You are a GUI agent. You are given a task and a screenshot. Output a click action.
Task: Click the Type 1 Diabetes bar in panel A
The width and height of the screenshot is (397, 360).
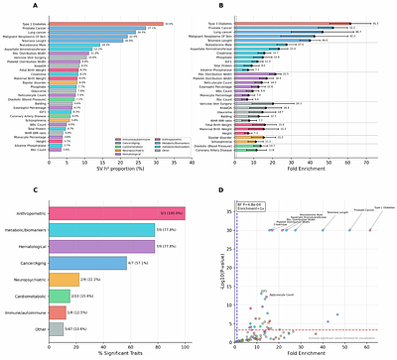click(99, 22)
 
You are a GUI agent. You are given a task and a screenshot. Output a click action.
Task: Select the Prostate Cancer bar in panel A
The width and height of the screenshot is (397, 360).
click(94, 28)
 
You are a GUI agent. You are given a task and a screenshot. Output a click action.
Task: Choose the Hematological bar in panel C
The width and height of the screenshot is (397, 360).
click(107, 245)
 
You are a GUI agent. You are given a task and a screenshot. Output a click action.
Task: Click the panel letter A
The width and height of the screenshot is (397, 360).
click(7, 6)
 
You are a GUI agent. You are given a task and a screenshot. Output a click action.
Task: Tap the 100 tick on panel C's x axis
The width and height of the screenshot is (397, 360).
click(184, 342)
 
